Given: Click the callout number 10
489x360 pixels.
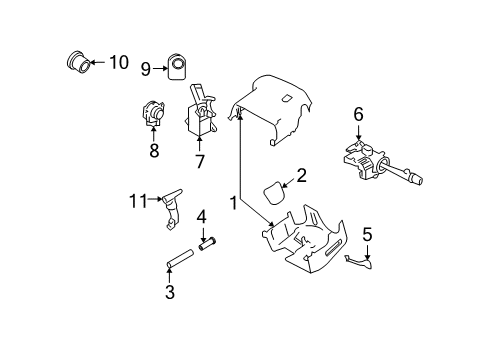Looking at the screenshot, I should coord(118,63).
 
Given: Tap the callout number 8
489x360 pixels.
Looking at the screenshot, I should coord(155,151).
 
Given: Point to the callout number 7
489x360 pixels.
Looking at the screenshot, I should coord(198,161).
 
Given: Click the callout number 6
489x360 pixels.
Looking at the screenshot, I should coord(357,115).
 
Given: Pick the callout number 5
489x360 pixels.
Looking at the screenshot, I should coord(366,235).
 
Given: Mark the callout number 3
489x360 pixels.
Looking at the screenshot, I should coord(170,292).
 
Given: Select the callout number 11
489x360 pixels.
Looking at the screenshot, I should coord(136,199).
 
